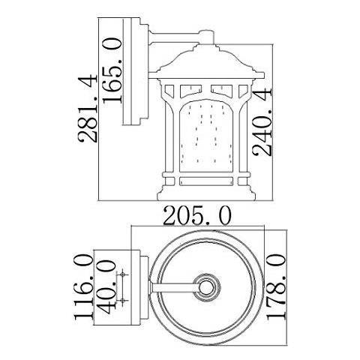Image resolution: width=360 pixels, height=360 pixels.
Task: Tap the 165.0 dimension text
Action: coord(112,70)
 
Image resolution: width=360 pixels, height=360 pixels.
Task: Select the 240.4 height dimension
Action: coord(262,121)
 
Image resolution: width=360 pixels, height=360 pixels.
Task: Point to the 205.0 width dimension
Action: coord(197,216)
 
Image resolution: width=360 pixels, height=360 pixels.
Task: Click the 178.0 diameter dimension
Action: coord(276,287)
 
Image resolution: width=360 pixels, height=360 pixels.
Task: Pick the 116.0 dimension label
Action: coord(83,287)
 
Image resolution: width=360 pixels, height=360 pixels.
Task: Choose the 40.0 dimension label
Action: coord(108,286)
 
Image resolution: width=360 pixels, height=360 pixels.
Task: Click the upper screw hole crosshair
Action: coord(122,274)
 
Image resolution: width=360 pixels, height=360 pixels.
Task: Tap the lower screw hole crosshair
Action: coord(122,300)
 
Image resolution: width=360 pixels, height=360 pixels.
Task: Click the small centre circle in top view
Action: coord(206,287)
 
